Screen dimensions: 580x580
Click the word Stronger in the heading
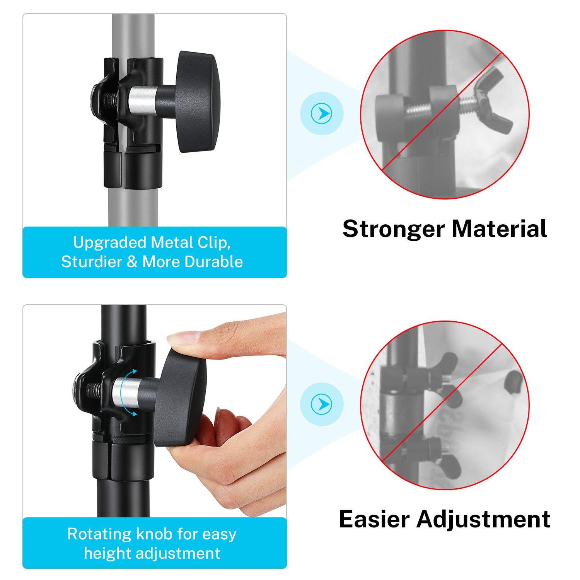click(x=394, y=229)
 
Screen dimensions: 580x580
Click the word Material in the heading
click(x=500, y=229)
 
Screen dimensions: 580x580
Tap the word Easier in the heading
click(x=374, y=519)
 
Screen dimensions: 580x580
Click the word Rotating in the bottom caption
click(x=100, y=534)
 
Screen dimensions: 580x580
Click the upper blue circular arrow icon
click(x=321, y=114)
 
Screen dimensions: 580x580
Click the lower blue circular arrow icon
click(x=321, y=404)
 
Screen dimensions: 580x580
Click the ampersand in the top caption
click(x=132, y=262)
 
